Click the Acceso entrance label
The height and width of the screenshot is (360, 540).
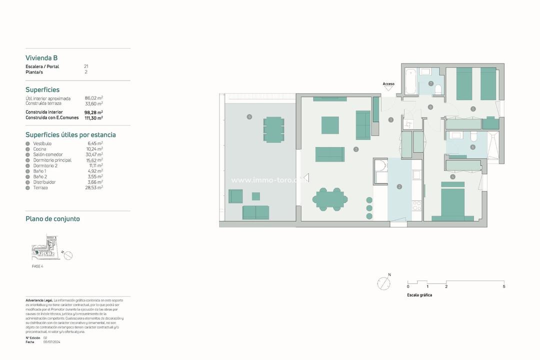388,84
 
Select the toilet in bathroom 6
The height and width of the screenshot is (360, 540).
473,136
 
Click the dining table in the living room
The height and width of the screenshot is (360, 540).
330,199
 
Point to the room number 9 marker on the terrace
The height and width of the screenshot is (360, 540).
249,116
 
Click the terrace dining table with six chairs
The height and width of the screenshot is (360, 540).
273,129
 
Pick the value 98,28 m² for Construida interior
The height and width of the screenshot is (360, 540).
93,112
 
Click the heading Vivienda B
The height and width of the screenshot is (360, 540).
41,58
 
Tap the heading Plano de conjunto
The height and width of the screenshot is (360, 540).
52,219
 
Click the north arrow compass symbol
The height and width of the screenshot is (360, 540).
383,283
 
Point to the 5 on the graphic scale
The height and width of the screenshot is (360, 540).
503,286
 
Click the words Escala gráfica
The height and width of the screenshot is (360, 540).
419,295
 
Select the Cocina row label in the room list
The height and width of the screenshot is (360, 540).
39,149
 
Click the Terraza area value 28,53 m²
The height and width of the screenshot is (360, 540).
95,187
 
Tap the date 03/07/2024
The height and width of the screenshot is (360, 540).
52,342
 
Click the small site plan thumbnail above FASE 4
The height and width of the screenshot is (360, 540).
46,248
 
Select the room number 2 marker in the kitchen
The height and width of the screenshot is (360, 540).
399,187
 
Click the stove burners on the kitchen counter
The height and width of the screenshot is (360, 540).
415,205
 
